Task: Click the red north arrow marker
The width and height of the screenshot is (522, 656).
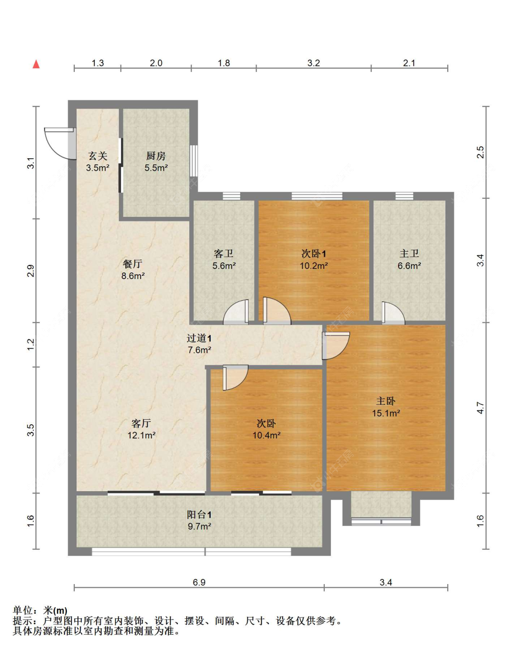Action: [x=36, y=64]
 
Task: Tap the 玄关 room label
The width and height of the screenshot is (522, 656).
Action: [x=98, y=156]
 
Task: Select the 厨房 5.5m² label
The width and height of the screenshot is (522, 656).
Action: [x=156, y=162]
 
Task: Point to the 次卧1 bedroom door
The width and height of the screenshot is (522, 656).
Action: [x=276, y=312]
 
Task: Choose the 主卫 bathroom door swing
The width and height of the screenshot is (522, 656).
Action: [x=393, y=313]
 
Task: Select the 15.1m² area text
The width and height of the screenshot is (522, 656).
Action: [x=386, y=413]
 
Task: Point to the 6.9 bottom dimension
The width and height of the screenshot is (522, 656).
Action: [x=199, y=582]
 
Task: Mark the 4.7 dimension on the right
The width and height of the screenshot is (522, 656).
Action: [x=480, y=408]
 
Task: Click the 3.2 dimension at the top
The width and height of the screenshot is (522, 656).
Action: [x=314, y=63]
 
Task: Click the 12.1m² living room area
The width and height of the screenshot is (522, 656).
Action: [x=141, y=435]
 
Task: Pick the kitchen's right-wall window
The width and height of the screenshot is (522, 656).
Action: [x=193, y=161]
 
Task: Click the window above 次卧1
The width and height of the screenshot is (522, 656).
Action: [x=317, y=196]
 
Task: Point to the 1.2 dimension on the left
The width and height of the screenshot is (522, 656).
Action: [x=31, y=344]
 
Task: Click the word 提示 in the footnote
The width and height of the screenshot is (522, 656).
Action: [x=23, y=621]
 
